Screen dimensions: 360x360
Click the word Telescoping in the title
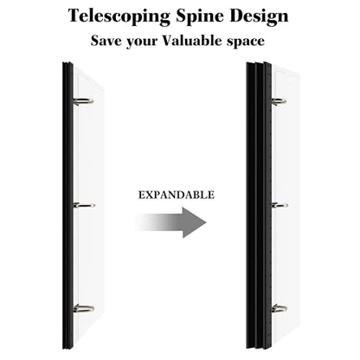pyautogui.click(x=119, y=16)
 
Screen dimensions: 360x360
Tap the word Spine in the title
pyautogui.click(x=200, y=16)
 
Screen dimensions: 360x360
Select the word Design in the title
pyautogui.click(x=259, y=16)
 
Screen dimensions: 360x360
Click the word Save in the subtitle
pyautogui.click(x=106, y=41)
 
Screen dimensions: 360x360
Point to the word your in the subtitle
pyautogui.click(x=142, y=42)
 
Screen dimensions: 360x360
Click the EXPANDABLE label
pyautogui.click(x=177, y=195)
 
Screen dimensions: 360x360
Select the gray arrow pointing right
pyautogui.click(x=170, y=222)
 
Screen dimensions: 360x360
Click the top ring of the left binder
pyautogui.click(x=83, y=101)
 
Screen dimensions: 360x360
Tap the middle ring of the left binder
pyautogui.click(x=84, y=205)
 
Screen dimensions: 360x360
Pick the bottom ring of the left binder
pyautogui.click(x=83, y=308)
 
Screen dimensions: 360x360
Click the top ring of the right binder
pyautogui.click(x=279, y=101)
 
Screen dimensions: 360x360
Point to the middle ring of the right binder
pyautogui.click(x=280, y=205)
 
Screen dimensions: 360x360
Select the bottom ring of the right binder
pyautogui.click(x=279, y=308)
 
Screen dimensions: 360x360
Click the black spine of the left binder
pyautogui.click(x=67, y=205)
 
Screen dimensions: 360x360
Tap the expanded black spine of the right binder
pyautogui.click(x=259, y=205)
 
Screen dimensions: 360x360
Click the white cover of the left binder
pyautogui.click(x=88, y=205)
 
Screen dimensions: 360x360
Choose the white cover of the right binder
pyautogui.click(x=286, y=205)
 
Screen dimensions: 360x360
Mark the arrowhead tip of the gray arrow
pyautogui.click(x=206, y=222)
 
